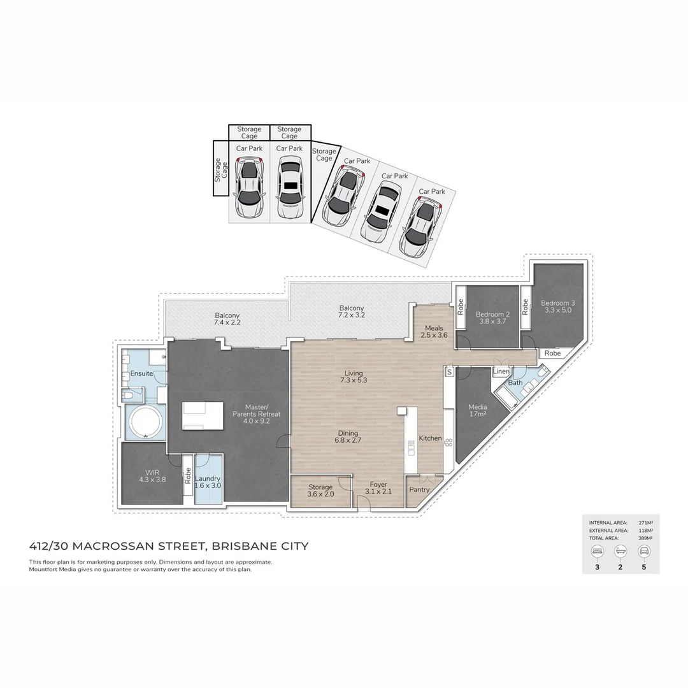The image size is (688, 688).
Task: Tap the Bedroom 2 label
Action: click(x=492, y=318)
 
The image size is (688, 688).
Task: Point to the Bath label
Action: click(x=515, y=383)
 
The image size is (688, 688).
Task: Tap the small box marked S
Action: click(x=449, y=371)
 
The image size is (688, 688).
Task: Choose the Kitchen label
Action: click(x=430, y=438)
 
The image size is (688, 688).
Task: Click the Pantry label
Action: click(x=419, y=490)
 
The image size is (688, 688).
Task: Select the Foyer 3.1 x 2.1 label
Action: click(x=378, y=489)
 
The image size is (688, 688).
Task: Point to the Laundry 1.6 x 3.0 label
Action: click(x=208, y=482)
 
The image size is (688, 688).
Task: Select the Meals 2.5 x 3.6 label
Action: click(x=434, y=331)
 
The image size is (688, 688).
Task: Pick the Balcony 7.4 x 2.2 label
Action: click(x=227, y=319)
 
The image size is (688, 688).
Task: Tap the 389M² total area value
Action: click(x=647, y=538)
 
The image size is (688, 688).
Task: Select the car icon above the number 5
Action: click(x=644, y=552)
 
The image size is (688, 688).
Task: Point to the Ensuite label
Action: click(x=141, y=373)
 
